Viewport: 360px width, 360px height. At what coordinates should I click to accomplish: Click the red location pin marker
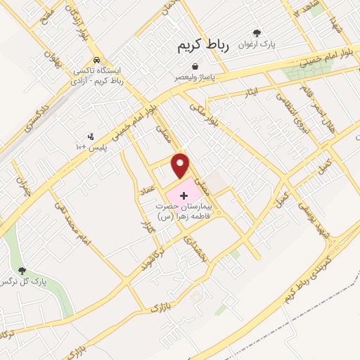click(181, 165)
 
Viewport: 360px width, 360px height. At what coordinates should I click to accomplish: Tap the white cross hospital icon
click(185, 193)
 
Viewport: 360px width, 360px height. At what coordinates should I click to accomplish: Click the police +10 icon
click(91, 136)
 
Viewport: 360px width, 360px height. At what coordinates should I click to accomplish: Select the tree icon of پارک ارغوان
click(257, 33)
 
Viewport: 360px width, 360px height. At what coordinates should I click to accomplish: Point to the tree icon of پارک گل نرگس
click(22, 270)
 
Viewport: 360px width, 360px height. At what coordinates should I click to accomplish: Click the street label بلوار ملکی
click(203, 117)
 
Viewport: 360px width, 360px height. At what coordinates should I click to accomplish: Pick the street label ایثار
click(252, 92)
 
